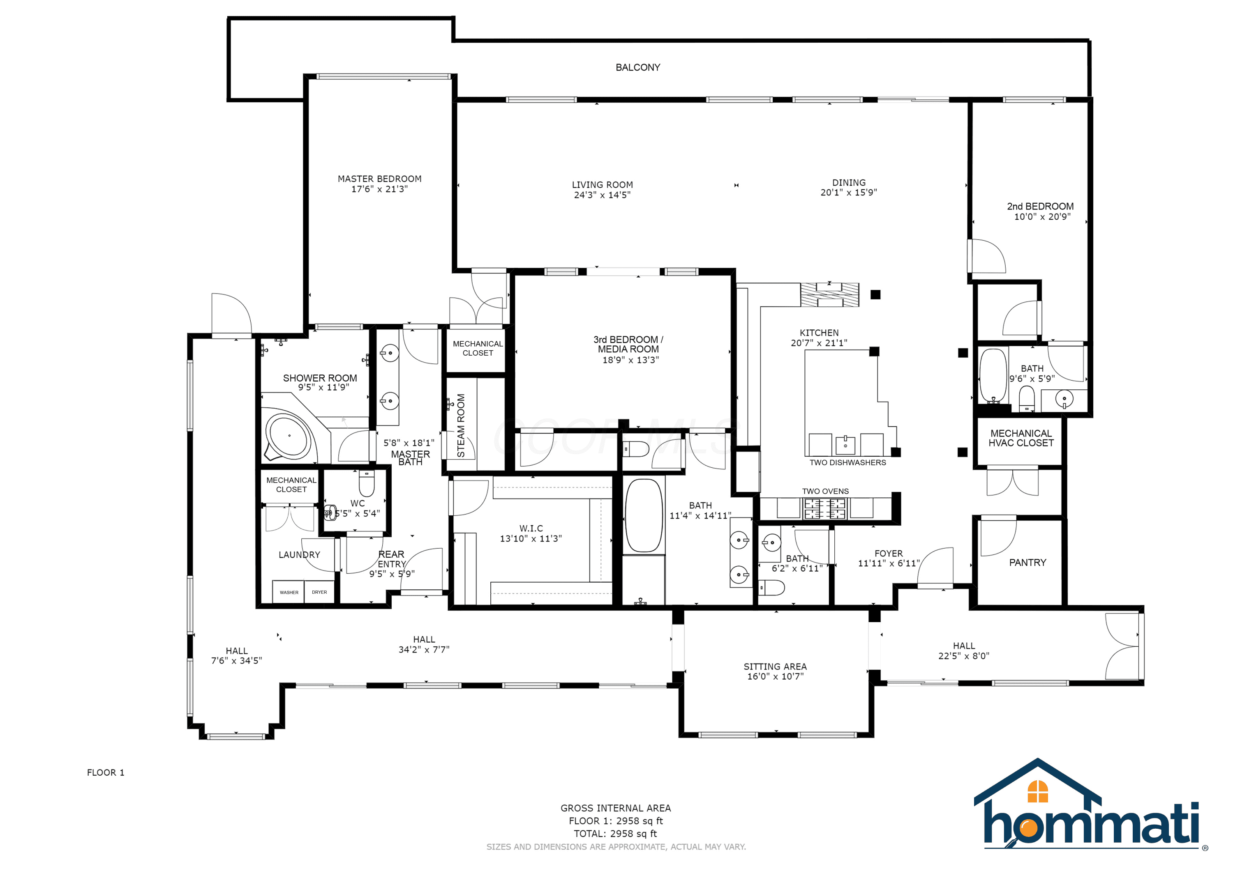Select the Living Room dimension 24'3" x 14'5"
pos(602,195)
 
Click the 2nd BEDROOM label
pos(1040,207)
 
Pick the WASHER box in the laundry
pos(289,592)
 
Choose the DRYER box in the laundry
pos(319,592)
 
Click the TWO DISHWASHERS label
pos(847,462)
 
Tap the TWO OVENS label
pos(825,491)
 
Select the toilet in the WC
pos(366,483)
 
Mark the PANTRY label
pos(1027,563)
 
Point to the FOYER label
pos(888,553)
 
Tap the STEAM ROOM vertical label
pos(461,425)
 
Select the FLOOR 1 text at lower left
pos(105,772)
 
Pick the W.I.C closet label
pos(531,529)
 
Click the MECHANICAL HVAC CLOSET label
pos(1021,438)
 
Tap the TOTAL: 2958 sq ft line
pos(615,834)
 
